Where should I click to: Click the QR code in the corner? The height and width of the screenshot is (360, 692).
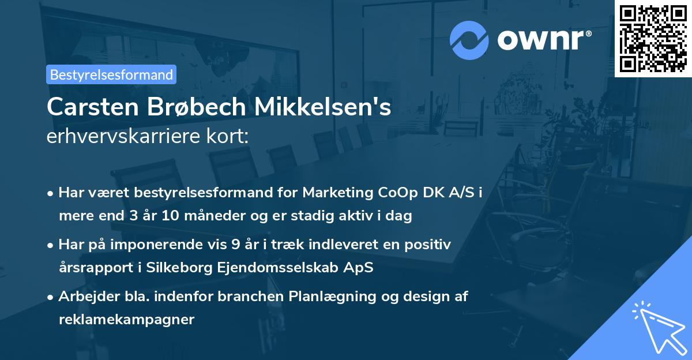click(x=653, y=38)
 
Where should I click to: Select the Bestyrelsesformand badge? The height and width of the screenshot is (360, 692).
click(x=111, y=74)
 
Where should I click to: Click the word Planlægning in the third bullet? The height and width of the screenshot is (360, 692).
click(x=331, y=297)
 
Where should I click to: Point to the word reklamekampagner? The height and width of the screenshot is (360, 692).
click(x=126, y=320)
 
